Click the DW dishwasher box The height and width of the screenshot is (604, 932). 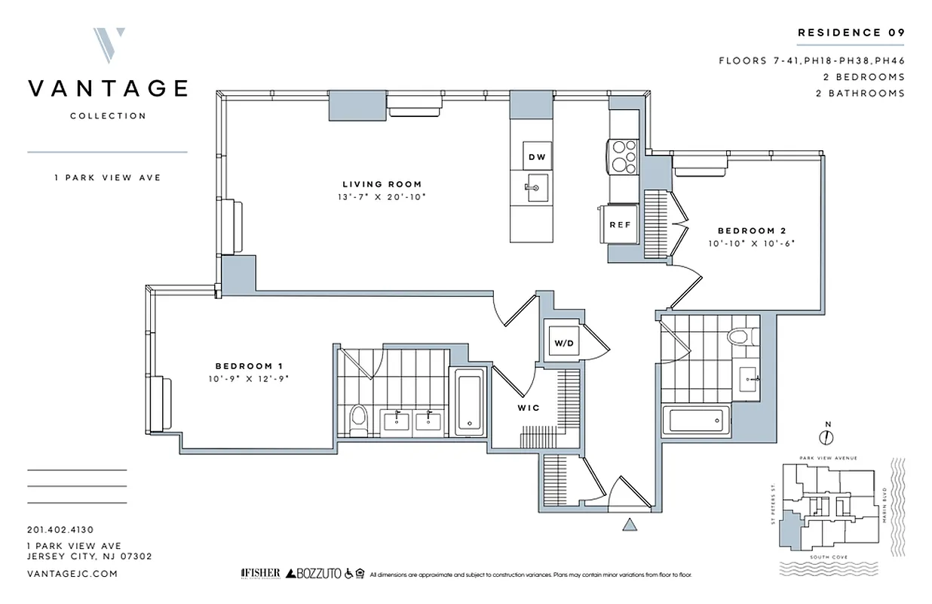536,157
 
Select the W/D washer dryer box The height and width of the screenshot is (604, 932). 564,344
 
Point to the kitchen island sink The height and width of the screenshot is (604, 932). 536,185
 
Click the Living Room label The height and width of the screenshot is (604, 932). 382,184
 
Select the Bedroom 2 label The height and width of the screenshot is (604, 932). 746,230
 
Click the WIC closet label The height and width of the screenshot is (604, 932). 528,408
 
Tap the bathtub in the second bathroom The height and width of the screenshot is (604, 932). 695,421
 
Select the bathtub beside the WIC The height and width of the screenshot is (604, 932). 469,400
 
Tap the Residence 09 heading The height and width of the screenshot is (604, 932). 851,32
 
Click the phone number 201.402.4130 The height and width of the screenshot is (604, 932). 60,530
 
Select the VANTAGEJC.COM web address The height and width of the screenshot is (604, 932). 72,574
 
